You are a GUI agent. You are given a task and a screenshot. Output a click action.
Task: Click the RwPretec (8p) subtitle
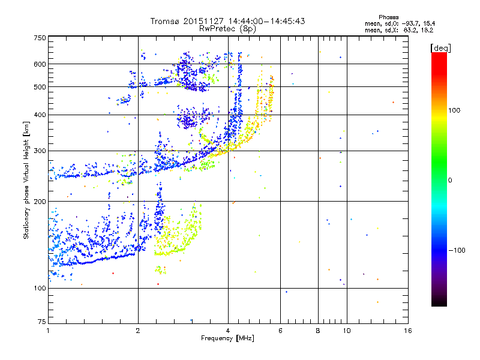(227, 28)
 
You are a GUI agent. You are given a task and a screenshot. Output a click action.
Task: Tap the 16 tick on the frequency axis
(407, 331)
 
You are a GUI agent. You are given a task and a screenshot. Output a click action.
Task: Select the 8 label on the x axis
(318, 331)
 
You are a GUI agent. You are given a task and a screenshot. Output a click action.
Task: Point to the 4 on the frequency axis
(228, 331)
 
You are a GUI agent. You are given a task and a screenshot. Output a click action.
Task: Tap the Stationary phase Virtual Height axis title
(26, 180)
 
